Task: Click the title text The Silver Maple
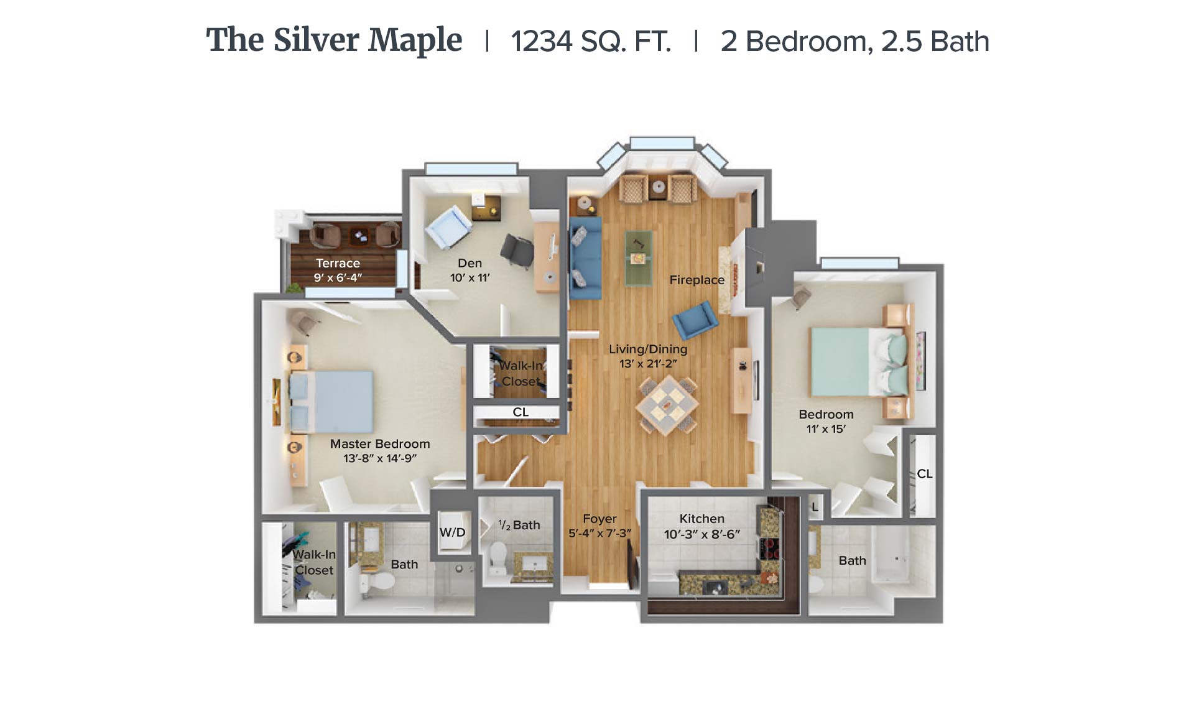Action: pyautogui.click(x=334, y=40)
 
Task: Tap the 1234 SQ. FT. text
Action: pyautogui.click(x=591, y=42)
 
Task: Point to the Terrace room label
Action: pyautogui.click(x=338, y=263)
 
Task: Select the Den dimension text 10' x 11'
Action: pyautogui.click(x=470, y=277)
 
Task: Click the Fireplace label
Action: pyautogui.click(x=696, y=280)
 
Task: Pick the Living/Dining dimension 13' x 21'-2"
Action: pyautogui.click(x=648, y=363)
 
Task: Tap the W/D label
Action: pyautogui.click(x=452, y=532)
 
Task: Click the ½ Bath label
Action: pyautogui.click(x=519, y=525)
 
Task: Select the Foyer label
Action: pyautogui.click(x=599, y=519)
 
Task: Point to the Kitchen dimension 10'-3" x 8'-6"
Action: pyautogui.click(x=701, y=534)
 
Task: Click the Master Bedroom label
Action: pyautogui.click(x=380, y=443)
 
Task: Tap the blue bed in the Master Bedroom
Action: pyautogui.click(x=331, y=401)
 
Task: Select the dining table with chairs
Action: pyautogui.click(x=667, y=404)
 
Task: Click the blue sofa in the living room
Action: pyautogui.click(x=585, y=257)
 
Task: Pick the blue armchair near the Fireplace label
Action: pyautogui.click(x=695, y=320)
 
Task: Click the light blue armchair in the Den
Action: pyautogui.click(x=448, y=227)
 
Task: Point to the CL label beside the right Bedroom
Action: pyautogui.click(x=924, y=474)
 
